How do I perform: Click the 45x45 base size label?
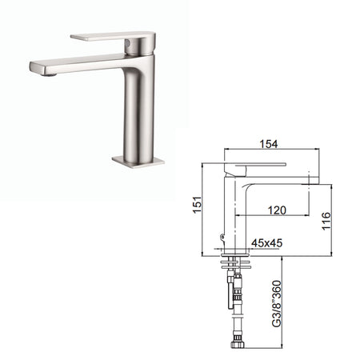click(x=266, y=241)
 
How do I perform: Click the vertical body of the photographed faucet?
click(x=141, y=112)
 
